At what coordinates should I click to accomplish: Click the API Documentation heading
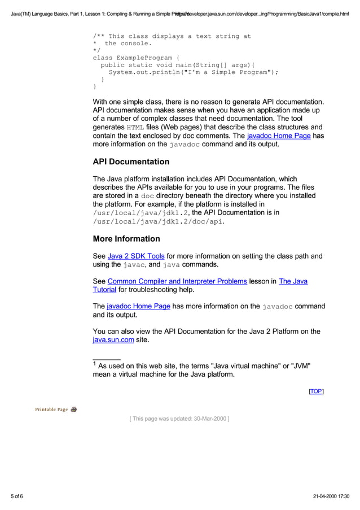pyautogui.click(x=131, y=162)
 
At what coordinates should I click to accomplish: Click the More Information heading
pyautogui.click(x=126, y=239)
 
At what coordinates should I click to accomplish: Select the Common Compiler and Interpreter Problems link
pyautogui.click(x=177, y=281)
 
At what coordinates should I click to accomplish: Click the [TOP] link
pyautogui.click(x=316, y=391)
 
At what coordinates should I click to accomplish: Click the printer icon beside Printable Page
pyautogui.click(x=74, y=409)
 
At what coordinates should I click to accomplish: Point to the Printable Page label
pyautogui.click(x=51, y=409)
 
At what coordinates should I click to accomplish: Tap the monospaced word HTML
pyautogui.click(x=135, y=128)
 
